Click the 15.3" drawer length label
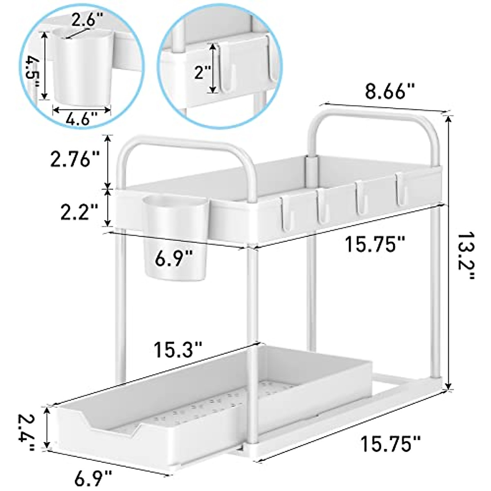pos(178,350)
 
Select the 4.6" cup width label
pos(82,121)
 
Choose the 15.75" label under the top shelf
pos(375,246)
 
